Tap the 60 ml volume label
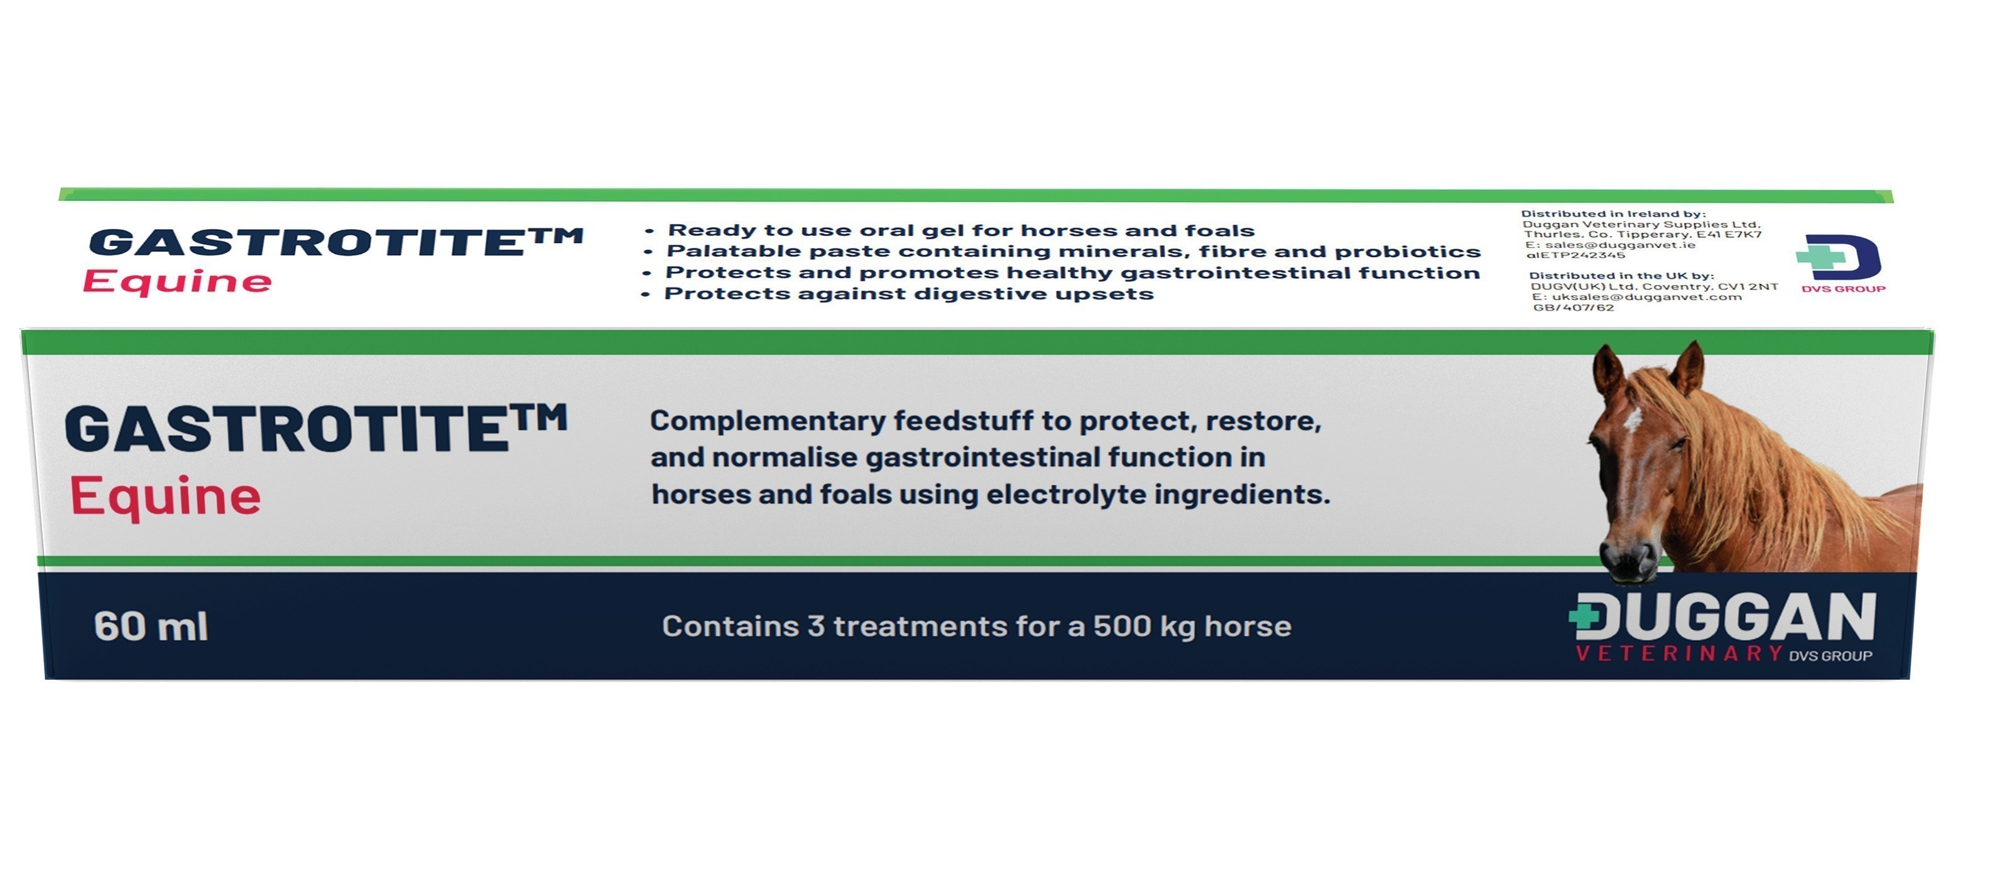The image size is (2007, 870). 151,626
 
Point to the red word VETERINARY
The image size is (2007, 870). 1679,653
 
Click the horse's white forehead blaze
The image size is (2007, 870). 1632,420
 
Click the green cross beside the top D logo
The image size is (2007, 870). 1820,256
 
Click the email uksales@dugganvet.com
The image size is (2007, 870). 1647,297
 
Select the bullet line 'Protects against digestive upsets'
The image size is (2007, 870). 898,294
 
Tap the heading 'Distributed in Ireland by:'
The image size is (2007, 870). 1614,213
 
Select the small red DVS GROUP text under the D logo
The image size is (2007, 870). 1844,289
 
